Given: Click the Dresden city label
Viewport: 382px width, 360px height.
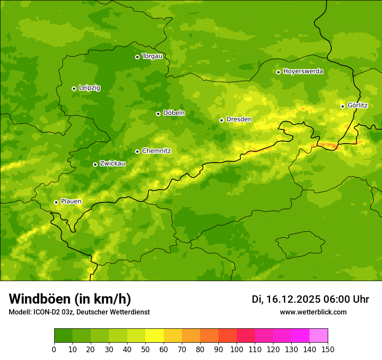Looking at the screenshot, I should (x=239, y=119).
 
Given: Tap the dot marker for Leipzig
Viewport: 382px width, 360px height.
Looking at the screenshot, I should (x=74, y=88).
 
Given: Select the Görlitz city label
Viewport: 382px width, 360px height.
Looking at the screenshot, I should (x=357, y=105).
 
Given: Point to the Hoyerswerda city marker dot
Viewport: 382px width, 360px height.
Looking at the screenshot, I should (x=278, y=72).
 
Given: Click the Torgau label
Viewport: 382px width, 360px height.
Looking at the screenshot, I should (x=152, y=56).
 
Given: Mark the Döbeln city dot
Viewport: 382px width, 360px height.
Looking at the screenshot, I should (x=158, y=114).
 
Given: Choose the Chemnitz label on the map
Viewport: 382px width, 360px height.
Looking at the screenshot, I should (x=156, y=151).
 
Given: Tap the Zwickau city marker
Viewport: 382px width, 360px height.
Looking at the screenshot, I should (x=95, y=164).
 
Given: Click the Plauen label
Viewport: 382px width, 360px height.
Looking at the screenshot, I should (x=71, y=202).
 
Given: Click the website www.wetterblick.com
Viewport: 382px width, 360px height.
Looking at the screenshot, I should (x=313, y=312).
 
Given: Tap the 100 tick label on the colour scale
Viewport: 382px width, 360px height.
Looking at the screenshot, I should (x=237, y=349).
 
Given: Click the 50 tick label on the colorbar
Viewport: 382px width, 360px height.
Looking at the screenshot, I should (x=145, y=349).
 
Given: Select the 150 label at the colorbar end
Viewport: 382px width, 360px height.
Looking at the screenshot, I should (x=328, y=349).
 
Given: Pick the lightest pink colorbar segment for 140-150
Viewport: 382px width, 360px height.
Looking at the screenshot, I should (x=319, y=336).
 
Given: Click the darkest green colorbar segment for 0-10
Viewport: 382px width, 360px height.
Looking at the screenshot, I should (x=63, y=336).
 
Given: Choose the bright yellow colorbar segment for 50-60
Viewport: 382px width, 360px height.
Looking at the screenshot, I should (x=155, y=336).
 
